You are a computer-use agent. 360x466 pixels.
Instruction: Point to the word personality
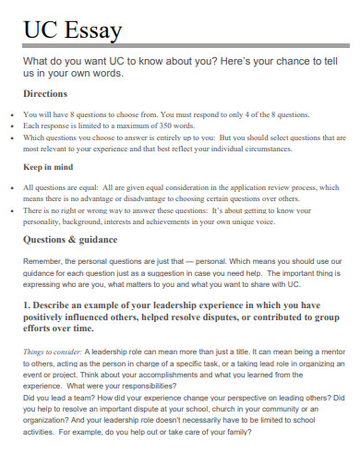click(x=49, y=221)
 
